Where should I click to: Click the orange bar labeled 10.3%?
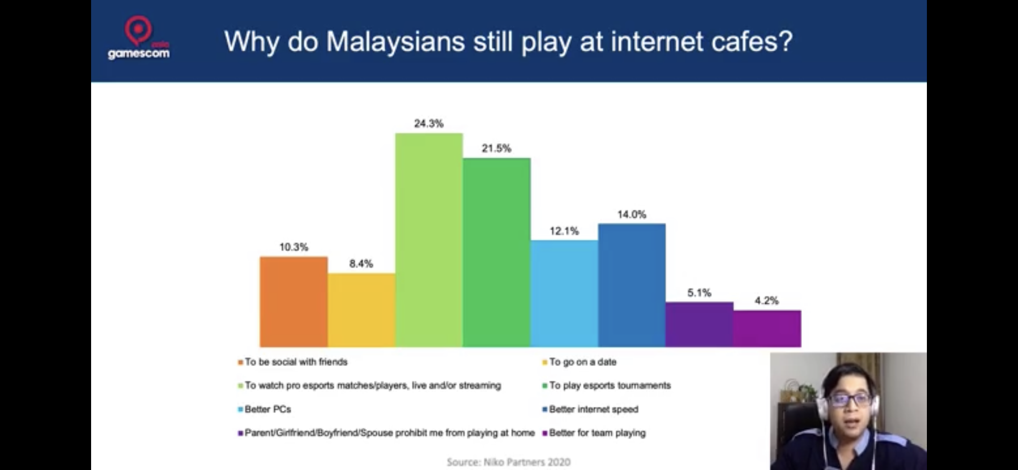tap(294, 302)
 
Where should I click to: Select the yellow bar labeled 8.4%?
tap(361, 310)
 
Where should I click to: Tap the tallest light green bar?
tap(429, 240)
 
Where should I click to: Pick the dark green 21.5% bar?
tap(497, 252)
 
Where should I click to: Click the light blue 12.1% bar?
tap(565, 293)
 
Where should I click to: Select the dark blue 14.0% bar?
tap(632, 285)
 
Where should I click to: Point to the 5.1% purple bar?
tap(700, 324)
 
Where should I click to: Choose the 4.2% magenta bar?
tap(767, 328)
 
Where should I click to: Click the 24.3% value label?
tap(429, 123)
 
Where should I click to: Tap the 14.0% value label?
tap(632, 214)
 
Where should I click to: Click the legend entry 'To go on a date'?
tap(580, 362)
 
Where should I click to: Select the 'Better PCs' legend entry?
tap(265, 409)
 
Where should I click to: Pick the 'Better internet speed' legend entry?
tap(590, 409)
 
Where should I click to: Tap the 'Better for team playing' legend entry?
tap(594, 433)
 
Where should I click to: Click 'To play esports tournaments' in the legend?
tap(606, 385)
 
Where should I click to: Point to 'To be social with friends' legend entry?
tap(293, 362)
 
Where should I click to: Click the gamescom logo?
tap(139, 38)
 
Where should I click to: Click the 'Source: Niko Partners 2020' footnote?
tap(509, 462)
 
